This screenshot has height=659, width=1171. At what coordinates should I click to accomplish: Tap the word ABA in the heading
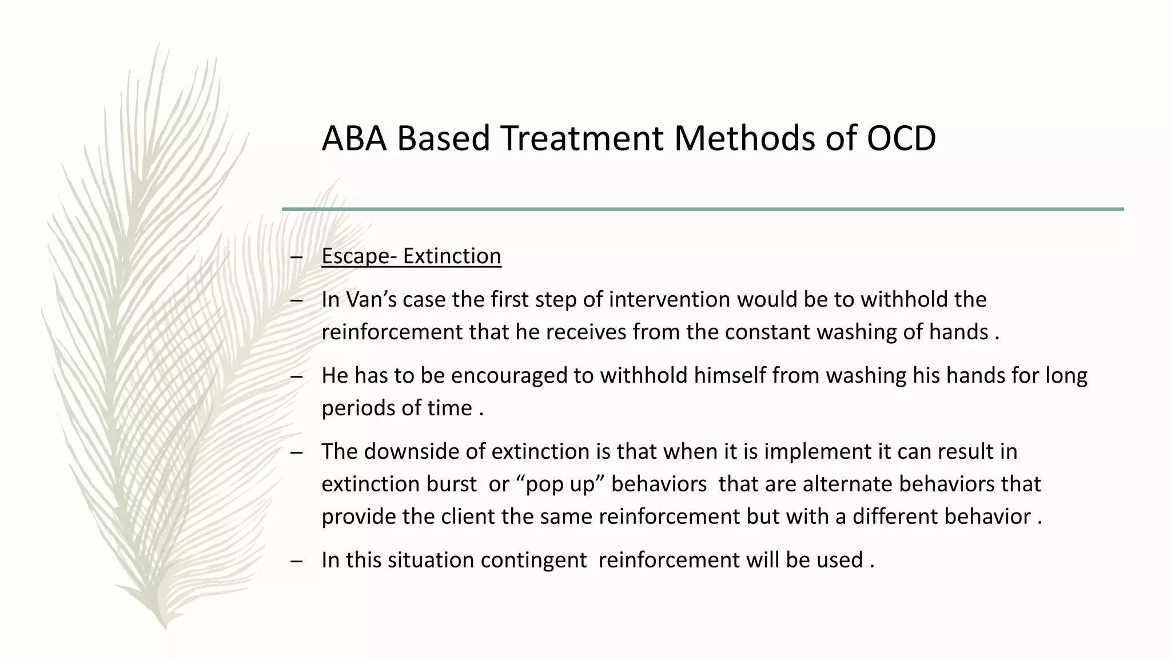[355, 138]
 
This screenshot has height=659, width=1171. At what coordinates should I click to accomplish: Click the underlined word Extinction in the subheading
[452, 256]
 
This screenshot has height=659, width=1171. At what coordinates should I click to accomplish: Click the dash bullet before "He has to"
[296, 377]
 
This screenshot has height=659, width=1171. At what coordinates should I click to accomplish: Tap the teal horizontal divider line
[703, 209]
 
